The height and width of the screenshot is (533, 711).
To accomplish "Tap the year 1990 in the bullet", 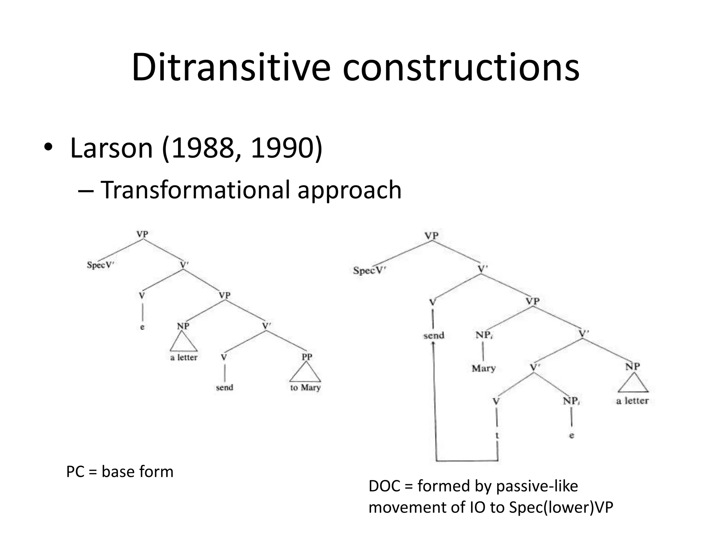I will (281, 148).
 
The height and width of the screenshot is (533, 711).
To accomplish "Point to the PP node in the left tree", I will (307, 357).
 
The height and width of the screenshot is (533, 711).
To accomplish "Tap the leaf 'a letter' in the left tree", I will (184, 357).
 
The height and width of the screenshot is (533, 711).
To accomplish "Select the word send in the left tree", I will (224, 387).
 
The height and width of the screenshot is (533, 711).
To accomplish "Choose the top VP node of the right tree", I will (432, 236).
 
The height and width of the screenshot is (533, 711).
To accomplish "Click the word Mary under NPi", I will (484, 368).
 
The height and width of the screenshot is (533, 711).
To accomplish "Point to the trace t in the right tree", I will (497, 435).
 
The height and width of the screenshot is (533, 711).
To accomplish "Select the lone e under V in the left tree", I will (142, 327).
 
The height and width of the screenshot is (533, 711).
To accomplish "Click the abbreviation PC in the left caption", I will (75, 472).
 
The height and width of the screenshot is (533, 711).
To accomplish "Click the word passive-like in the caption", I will (537, 486).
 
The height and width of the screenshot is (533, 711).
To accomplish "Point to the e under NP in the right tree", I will (571, 436).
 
